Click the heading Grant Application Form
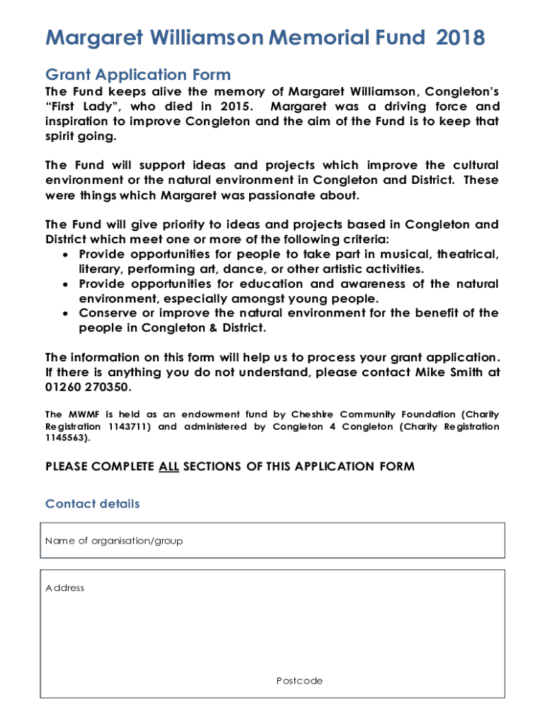tap(138, 74)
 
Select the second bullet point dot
tap(65, 284)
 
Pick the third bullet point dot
tap(65, 313)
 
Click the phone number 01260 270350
tap(88, 387)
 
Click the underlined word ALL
tap(168, 467)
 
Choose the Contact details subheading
tap(93, 504)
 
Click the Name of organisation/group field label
tap(114, 541)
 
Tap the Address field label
tap(64, 588)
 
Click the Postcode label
tap(299, 681)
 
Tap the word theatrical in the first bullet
tap(467, 255)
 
